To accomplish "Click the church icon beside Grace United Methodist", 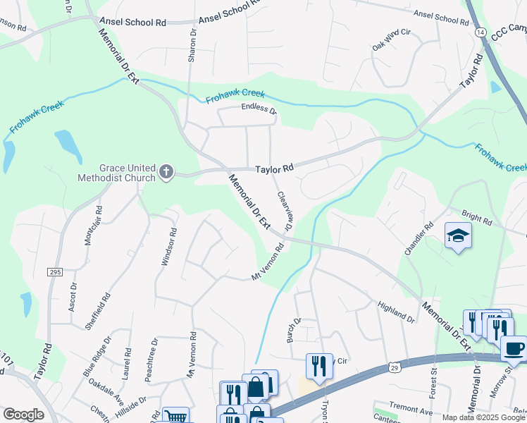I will pyautogui.click(x=166, y=172).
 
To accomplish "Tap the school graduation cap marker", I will pyautogui.click(x=457, y=236).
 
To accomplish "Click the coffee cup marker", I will pyautogui.click(x=514, y=348).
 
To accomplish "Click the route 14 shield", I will pyautogui.click(x=480, y=32).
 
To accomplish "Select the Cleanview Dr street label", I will pyautogui.click(x=285, y=213).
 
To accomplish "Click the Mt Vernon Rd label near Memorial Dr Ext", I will pyautogui.click(x=268, y=262).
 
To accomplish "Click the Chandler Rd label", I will pyautogui.click(x=416, y=240).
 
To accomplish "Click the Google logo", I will pyautogui.click(x=23, y=415).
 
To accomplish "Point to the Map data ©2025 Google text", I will pyautogui.click(x=483, y=417).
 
